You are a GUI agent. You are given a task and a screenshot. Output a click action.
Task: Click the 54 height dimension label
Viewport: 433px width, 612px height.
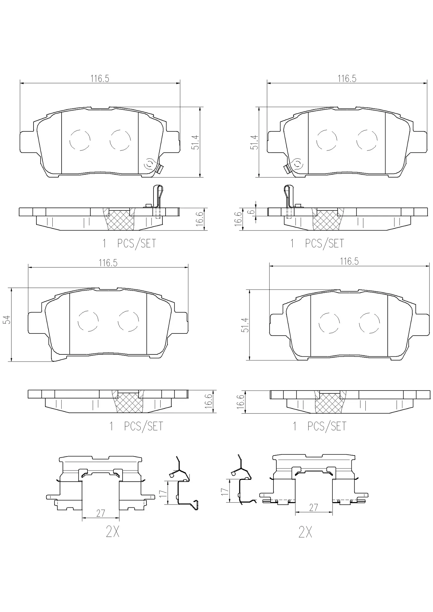pos(8,320)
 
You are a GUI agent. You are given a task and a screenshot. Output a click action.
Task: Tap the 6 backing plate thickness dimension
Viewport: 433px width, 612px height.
pos(252,211)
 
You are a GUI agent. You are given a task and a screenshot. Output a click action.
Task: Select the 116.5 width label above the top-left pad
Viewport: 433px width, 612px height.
pos(100,78)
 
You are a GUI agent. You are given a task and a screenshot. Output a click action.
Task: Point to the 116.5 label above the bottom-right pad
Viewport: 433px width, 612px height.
pos(349,261)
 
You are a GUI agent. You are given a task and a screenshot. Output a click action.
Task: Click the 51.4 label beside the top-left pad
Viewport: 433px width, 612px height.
pos(196,142)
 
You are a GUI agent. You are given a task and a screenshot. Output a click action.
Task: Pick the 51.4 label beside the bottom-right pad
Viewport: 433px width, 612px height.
pos(245,325)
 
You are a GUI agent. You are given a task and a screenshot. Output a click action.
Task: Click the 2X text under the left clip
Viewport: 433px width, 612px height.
pos(113,531)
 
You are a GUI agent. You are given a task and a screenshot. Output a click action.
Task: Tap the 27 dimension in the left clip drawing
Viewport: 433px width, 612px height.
pos(101,513)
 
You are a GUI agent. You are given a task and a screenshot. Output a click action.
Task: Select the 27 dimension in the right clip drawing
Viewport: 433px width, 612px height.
pos(314,507)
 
